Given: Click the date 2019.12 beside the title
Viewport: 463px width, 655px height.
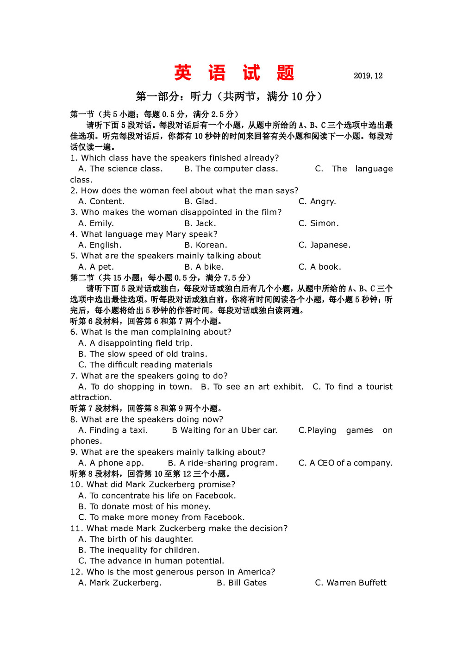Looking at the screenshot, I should click(368, 76).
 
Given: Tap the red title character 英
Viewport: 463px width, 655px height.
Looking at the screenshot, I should click(183, 73).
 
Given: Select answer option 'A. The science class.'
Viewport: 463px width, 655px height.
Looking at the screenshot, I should click(120, 169).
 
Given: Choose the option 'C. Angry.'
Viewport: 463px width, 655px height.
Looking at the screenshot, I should click(317, 202).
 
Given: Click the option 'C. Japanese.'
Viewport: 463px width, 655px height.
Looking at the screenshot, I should click(324, 245).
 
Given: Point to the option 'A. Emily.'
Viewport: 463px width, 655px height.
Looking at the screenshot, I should click(96, 223).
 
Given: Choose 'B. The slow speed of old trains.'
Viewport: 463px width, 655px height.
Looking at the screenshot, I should click(143, 354).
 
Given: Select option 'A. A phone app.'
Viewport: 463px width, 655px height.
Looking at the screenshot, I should click(111, 463).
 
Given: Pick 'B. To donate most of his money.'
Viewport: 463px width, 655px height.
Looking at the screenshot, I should click(144, 507).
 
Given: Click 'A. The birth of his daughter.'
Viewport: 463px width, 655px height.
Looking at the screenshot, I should click(136, 539).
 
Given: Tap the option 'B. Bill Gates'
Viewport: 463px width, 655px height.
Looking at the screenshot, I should click(242, 583).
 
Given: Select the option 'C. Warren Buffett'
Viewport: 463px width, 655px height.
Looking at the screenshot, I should click(350, 583).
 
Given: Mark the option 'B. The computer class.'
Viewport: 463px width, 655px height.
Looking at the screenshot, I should click(231, 169).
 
